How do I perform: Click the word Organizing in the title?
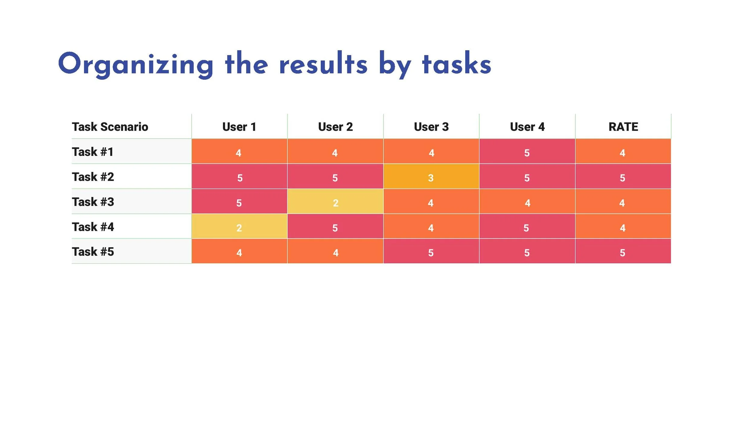pyautogui.click(x=136, y=64)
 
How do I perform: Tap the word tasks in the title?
pyautogui.click(x=457, y=64)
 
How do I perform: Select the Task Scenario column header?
pyautogui.click(x=110, y=127)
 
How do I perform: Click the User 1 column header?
pyautogui.click(x=239, y=127)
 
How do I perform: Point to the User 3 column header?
pyautogui.click(x=431, y=127)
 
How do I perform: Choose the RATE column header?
pyautogui.click(x=623, y=127)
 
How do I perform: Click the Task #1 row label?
pyautogui.click(x=93, y=152)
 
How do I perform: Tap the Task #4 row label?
pyautogui.click(x=93, y=227)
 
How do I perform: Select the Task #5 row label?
pyautogui.click(x=93, y=252)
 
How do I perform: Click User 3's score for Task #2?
pyautogui.click(x=431, y=178)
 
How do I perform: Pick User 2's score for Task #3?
pyautogui.click(x=336, y=203)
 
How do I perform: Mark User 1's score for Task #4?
pyautogui.click(x=239, y=228)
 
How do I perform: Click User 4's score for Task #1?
pyautogui.click(x=527, y=153)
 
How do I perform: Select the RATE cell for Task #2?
pyautogui.click(x=623, y=178)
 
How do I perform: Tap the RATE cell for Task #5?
pyautogui.click(x=623, y=253)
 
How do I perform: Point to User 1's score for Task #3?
pyautogui.click(x=239, y=203)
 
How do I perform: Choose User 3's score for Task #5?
pyautogui.click(x=431, y=253)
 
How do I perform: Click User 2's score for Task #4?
pyautogui.click(x=335, y=228)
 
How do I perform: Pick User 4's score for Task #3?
pyautogui.click(x=527, y=203)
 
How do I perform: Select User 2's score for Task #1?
pyautogui.click(x=335, y=153)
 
